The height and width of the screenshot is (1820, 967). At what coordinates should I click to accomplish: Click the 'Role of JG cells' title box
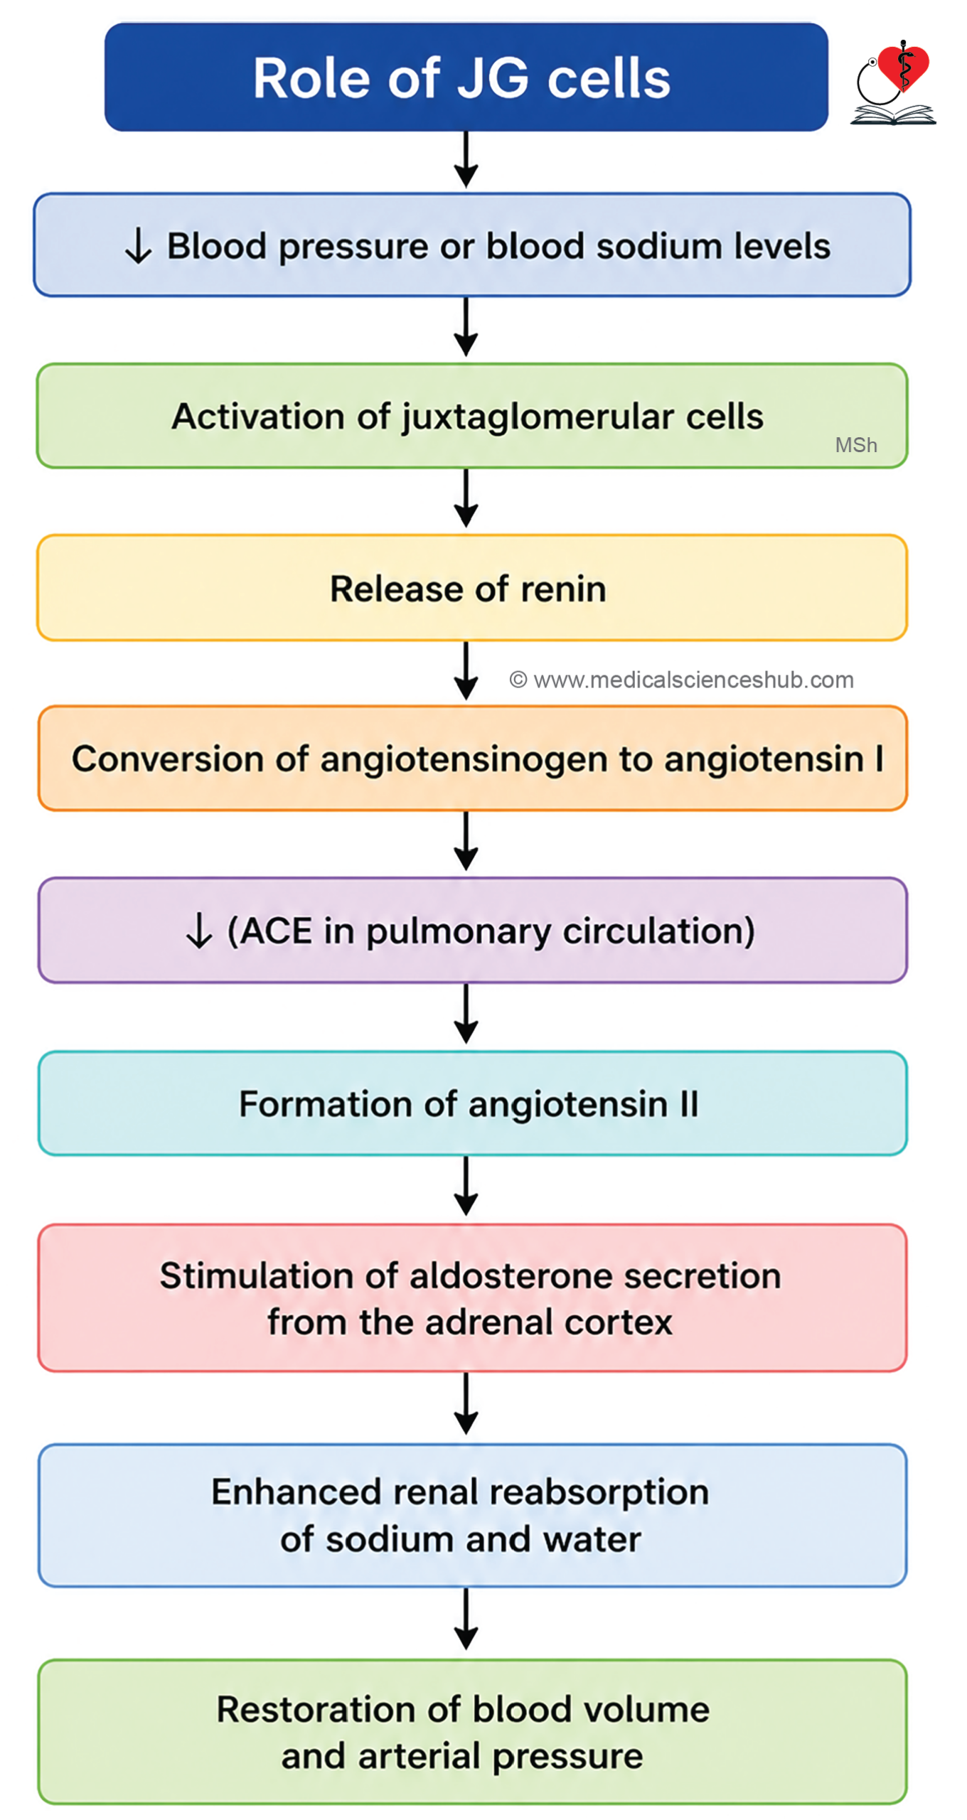point(466,77)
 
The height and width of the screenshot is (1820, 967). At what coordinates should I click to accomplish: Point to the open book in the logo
point(893,114)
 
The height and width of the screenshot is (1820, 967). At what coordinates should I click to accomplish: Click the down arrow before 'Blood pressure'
point(138,246)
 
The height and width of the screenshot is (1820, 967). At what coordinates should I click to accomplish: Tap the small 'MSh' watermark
point(856,445)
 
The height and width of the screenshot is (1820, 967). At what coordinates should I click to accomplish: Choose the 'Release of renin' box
point(472,588)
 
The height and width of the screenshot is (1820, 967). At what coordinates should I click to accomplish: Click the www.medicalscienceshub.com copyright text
point(682,680)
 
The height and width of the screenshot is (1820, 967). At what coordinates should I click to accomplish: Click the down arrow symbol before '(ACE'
point(199,931)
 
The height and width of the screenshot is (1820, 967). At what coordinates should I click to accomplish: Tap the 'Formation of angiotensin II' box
point(473,1103)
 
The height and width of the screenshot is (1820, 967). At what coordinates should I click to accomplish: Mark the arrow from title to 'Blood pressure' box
point(466,160)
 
